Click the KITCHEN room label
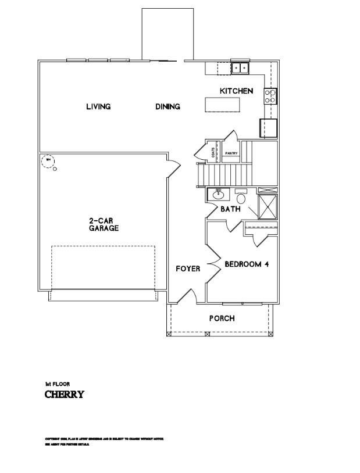tap(236, 91)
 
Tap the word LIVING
tap(98, 106)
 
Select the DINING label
tap(167, 106)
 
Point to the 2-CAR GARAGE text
tap(104, 224)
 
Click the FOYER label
tap(188, 268)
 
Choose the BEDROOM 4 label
tap(246, 264)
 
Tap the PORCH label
tap(222, 318)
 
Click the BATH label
tap(230, 209)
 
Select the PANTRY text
tap(232, 153)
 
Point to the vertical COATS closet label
tap(214, 153)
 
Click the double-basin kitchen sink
tap(240, 68)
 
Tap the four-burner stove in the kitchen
tap(270, 96)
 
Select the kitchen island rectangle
tap(222, 105)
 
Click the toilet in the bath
tap(241, 197)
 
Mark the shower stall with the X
tap(268, 206)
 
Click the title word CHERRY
tap(65, 395)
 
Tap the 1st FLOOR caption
tap(57, 384)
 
